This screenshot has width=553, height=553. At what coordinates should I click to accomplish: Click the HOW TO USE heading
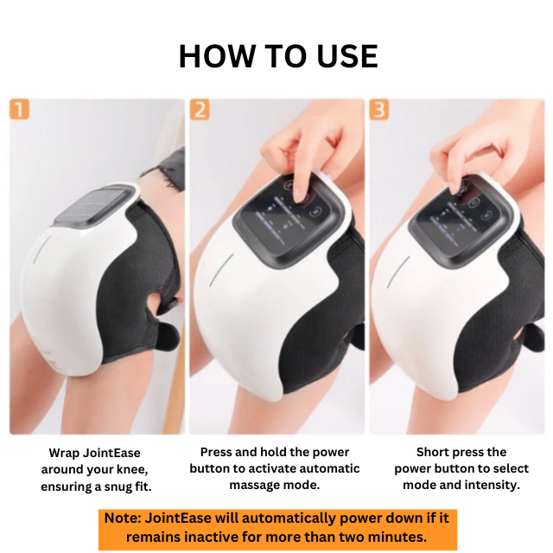click(x=278, y=56)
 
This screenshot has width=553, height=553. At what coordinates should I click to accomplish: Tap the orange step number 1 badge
click(x=19, y=110)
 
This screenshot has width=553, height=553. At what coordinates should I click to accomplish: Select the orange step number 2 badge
click(x=200, y=110)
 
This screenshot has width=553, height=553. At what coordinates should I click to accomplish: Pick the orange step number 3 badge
click(x=379, y=110)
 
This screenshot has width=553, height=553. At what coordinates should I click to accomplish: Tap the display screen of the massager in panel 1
click(x=93, y=207)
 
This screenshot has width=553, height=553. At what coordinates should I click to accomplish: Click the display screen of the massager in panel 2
click(x=289, y=217)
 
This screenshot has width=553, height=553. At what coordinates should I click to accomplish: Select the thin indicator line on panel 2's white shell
click(x=221, y=270)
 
